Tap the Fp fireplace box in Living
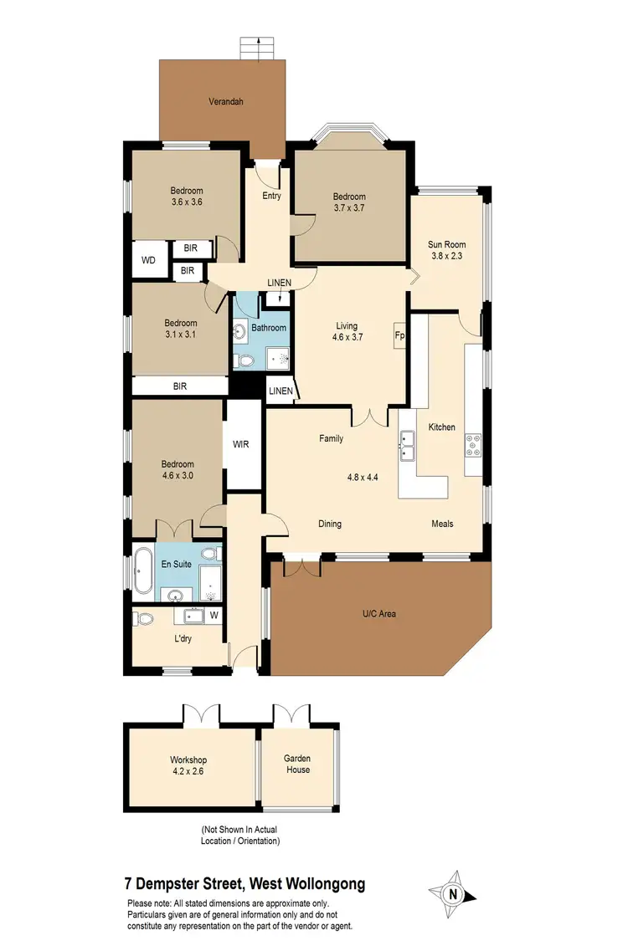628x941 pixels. (x=399, y=335)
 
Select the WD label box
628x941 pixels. (x=148, y=260)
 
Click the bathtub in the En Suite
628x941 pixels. (x=143, y=570)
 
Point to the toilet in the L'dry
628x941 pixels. (x=145, y=620)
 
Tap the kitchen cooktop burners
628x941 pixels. (x=474, y=446)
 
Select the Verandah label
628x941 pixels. (x=226, y=102)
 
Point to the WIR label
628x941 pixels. (x=241, y=444)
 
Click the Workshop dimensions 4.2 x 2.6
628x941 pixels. (x=188, y=771)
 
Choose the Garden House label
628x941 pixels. (x=297, y=765)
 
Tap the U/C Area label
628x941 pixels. (x=378, y=614)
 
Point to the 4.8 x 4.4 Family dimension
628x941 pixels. (x=363, y=478)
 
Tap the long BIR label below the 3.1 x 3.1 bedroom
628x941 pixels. (x=180, y=386)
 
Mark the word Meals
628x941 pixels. (x=442, y=524)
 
